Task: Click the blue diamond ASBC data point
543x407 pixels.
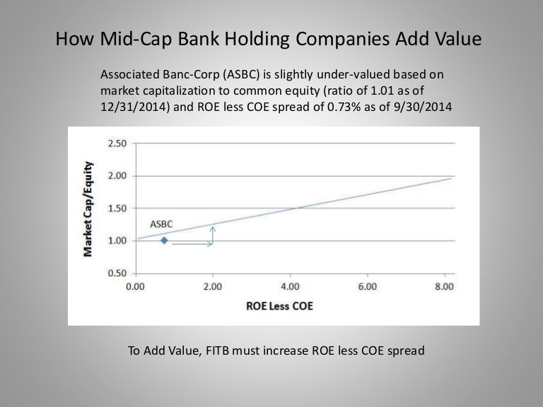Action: point(164,240)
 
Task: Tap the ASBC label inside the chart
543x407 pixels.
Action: point(161,224)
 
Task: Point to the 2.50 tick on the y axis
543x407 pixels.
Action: point(117,143)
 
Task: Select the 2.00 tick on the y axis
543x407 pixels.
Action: point(117,175)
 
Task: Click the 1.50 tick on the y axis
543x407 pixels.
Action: point(117,208)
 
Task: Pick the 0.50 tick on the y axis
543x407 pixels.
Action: point(117,273)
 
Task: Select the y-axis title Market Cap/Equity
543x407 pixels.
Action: point(90,208)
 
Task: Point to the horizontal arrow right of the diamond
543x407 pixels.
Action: point(192,244)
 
